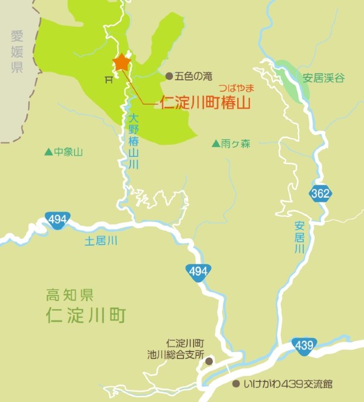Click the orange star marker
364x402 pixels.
pyautogui.click(x=121, y=62)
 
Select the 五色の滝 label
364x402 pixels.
pyautogui.click(x=193, y=76)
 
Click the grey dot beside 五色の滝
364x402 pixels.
pyautogui.click(x=169, y=76)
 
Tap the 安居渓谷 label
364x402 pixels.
pyautogui.click(x=324, y=78)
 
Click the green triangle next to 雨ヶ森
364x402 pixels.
pyautogui.click(x=215, y=144)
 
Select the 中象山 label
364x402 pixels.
pyautogui.click(x=68, y=152)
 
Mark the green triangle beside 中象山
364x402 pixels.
pyautogui.click(x=49, y=152)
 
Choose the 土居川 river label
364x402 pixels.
pyautogui.click(x=101, y=241)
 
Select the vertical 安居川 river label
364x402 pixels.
pyautogui.click(x=298, y=237)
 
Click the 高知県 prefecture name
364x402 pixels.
pyautogui.click(x=70, y=296)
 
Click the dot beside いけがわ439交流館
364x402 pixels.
pyautogui.click(x=236, y=384)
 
